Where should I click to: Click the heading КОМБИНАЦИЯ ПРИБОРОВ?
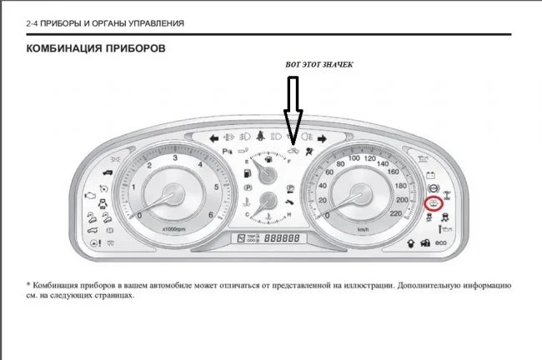(x=96, y=49)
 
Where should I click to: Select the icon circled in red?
(x=433, y=204)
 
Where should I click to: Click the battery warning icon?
(x=432, y=176)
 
